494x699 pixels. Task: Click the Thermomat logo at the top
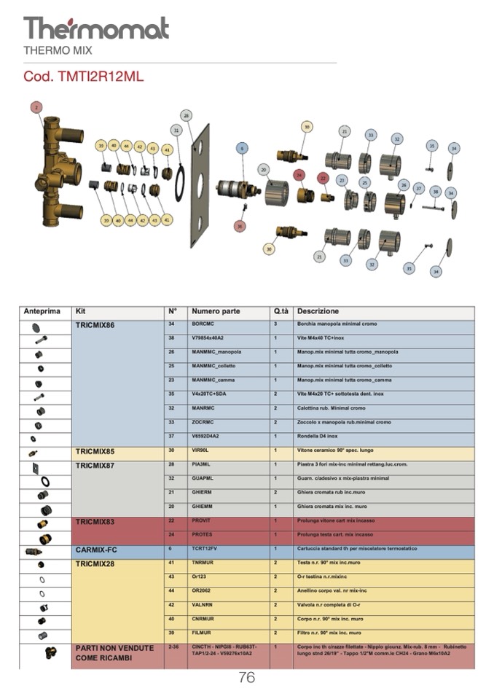96,28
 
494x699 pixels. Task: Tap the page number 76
246,678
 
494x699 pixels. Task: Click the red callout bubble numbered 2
36,107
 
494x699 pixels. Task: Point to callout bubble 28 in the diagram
187,116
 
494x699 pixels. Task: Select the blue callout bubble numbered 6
241,148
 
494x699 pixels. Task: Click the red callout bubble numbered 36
239,226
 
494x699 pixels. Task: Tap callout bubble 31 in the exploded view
176,130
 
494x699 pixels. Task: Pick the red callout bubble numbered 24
298,176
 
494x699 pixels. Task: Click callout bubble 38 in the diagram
436,192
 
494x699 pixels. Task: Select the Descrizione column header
318,312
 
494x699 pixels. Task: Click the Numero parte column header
216,312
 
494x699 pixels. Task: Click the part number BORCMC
203,324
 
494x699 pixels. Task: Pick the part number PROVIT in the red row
202,522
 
